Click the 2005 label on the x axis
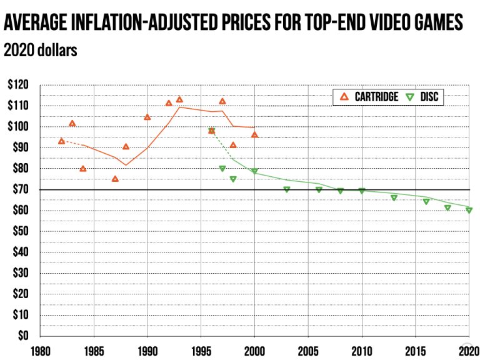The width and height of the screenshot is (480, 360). [308, 349]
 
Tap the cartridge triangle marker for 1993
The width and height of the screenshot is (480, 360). [179, 99]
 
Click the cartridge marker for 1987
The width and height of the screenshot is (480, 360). [115, 179]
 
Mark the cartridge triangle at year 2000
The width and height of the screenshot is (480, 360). [254, 134]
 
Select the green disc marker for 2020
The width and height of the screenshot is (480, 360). [469, 210]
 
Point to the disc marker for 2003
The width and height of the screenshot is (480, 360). [287, 189]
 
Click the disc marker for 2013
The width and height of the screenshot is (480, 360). [394, 197]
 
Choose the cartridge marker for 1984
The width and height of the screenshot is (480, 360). [83, 169]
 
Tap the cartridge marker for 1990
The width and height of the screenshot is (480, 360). [147, 117]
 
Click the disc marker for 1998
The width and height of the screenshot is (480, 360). [233, 179]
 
